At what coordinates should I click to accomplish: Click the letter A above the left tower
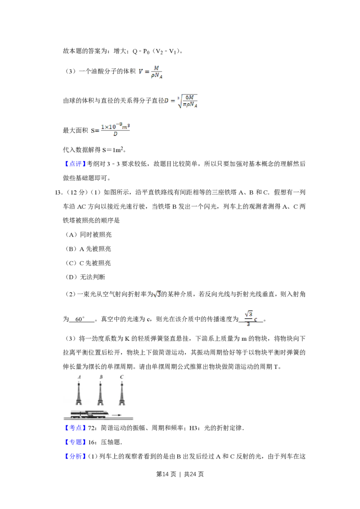point(79,377)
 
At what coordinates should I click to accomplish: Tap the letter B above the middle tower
point(101,377)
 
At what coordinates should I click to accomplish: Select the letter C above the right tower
point(122,377)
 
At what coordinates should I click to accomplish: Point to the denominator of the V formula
point(158,76)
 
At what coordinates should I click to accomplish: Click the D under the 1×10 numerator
point(116,134)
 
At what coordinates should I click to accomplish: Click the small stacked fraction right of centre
point(250,318)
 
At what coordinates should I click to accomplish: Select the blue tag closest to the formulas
point(75,164)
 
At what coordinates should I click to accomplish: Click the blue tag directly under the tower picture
point(75,428)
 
